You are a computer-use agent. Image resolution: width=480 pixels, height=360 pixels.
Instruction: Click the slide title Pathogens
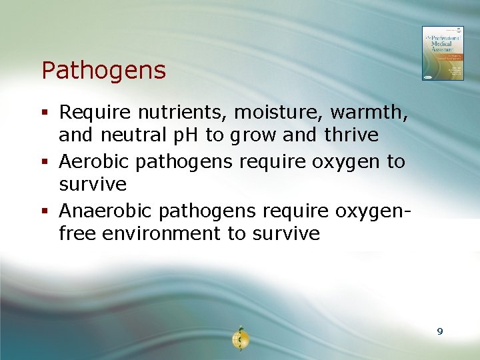click(103, 70)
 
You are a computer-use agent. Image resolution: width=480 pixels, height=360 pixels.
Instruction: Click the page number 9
click(439, 331)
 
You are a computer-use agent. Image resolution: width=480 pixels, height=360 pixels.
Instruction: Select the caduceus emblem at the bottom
click(239, 339)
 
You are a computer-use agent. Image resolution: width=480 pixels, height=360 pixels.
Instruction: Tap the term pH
click(189, 135)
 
